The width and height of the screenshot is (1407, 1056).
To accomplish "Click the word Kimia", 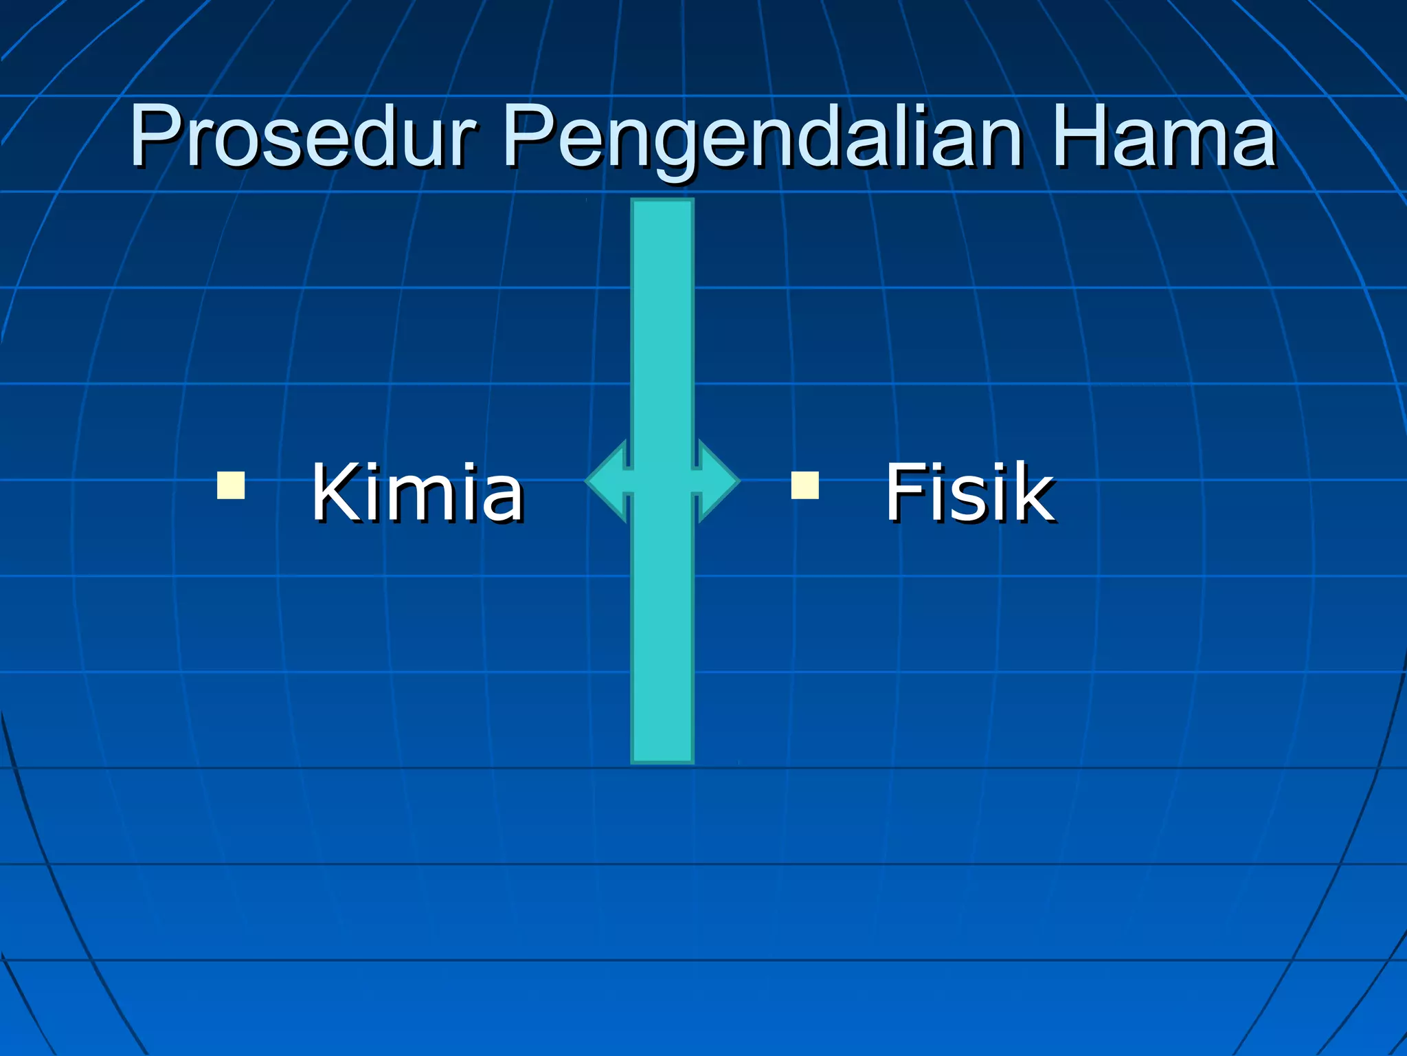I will (x=418, y=492).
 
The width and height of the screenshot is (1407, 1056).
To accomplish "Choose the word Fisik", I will (x=969, y=492).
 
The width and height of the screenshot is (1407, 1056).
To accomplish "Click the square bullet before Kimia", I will (x=231, y=485).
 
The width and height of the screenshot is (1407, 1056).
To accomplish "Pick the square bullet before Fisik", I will (x=804, y=485).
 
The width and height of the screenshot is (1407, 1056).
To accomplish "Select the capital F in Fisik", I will (x=906, y=492).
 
